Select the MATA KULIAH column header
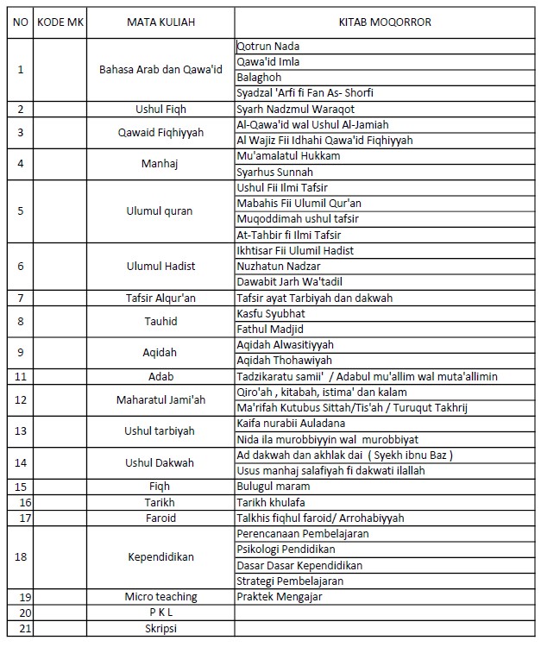click(160, 21)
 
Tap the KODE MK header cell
click(59, 21)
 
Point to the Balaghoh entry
click(261, 78)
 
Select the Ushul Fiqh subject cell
click(160, 110)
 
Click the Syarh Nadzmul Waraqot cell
click(295, 110)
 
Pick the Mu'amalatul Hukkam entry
click(288, 156)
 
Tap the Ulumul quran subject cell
click(160, 211)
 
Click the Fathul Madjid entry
click(270, 329)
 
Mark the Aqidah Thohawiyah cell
click(284, 360)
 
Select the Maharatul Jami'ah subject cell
click(160, 399)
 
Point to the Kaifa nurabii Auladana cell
click(291, 424)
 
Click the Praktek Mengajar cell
click(275, 597)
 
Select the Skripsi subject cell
click(160, 628)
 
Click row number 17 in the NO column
click(21, 518)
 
